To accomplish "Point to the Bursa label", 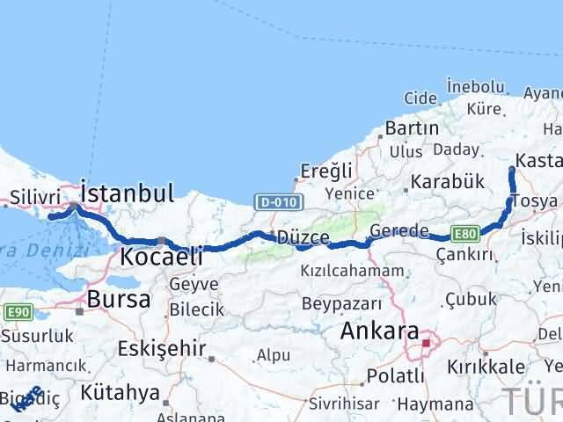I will (113, 299).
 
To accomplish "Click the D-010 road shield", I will (281, 203).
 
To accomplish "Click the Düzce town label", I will (303, 237).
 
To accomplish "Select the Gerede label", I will (398, 230).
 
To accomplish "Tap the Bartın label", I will (412, 128).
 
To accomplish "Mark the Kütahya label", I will (120, 392).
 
